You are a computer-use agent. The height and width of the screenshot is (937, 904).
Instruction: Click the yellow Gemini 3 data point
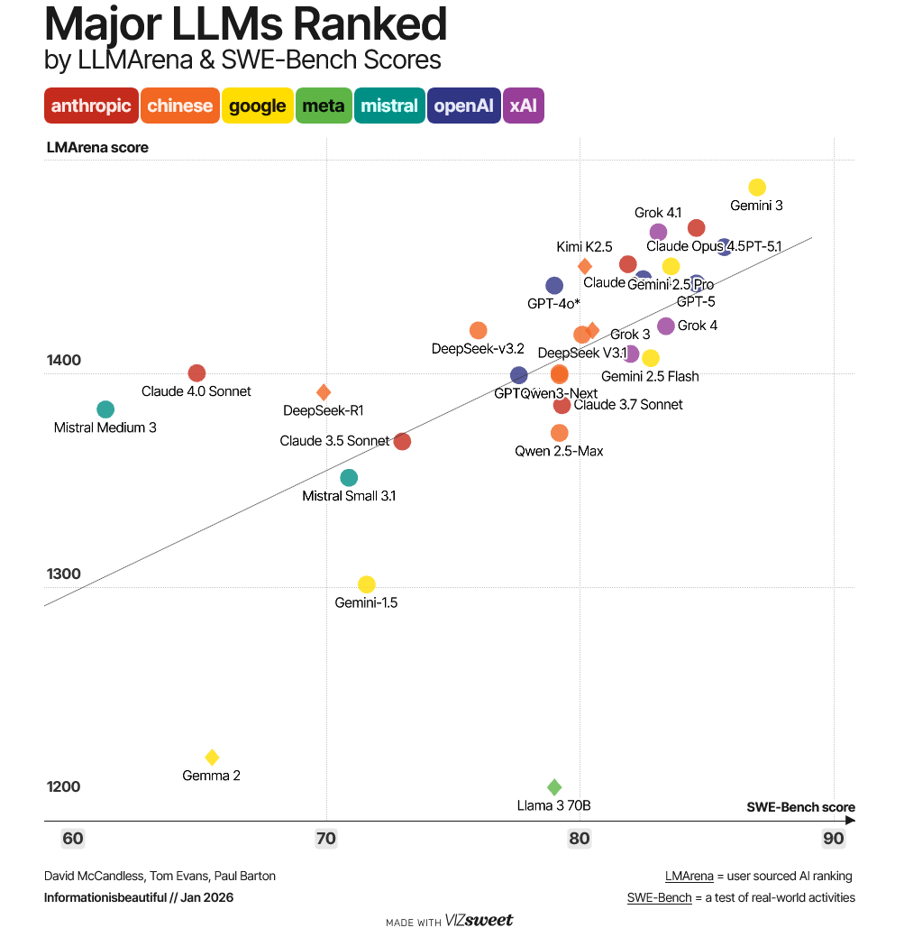tap(757, 188)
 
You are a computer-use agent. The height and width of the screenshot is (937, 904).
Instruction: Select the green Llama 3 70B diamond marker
tap(554, 787)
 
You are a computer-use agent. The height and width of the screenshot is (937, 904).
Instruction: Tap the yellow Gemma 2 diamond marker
tap(212, 758)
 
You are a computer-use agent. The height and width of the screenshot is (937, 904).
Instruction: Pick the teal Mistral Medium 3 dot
tap(105, 409)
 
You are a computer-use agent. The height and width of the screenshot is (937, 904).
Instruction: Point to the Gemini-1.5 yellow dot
tap(366, 584)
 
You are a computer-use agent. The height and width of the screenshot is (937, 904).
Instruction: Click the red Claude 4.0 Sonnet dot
tap(196, 373)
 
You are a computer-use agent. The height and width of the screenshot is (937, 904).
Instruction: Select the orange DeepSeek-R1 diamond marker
tap(324, 392)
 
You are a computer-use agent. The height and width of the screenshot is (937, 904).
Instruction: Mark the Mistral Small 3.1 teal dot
tap(349, 478)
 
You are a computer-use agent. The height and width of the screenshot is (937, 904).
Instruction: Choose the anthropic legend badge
tap(91, 106)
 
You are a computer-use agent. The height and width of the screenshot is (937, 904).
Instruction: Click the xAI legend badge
tap(524, 106)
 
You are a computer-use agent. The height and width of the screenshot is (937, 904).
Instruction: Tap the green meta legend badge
tap(323, 106)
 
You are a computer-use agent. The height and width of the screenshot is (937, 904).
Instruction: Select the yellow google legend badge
tap(257, 106)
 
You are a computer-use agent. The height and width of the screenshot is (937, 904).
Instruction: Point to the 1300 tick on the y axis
tap(64, 574)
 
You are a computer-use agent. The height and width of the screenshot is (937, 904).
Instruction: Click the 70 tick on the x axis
tap(326, 839)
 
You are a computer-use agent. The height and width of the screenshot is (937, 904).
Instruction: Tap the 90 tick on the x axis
tap(834, 839)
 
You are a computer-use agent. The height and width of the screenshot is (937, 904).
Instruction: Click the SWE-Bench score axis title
tap(800, 807)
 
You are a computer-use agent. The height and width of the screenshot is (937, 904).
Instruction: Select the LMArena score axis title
tap(97, 147)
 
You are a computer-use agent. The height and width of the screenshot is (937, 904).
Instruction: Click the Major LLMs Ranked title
tap(245, 25)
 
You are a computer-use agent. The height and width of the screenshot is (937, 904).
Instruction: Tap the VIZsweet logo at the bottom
tap(479, 921)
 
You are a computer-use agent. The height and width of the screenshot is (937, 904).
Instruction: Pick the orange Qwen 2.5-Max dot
tap(560, 433)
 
